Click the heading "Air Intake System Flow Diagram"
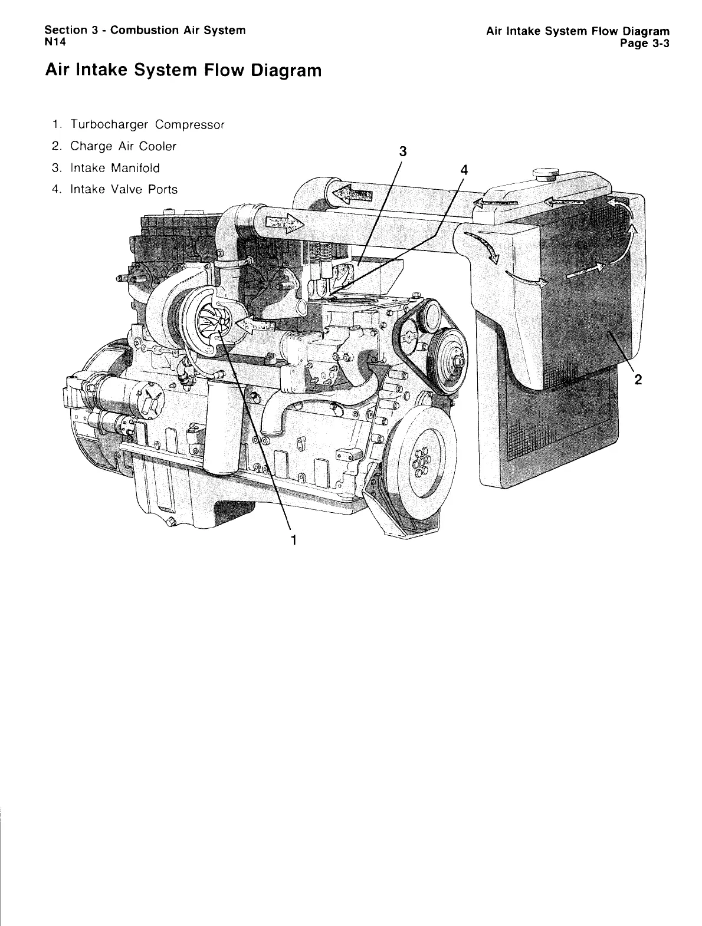[x=183, y=71]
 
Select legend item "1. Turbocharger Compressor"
[x=139, y=125]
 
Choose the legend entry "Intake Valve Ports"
[x=115, y=189]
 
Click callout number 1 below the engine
[x=292, y=539]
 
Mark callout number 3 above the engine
[x=402, y=151]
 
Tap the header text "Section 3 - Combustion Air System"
[x=145, y=30]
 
